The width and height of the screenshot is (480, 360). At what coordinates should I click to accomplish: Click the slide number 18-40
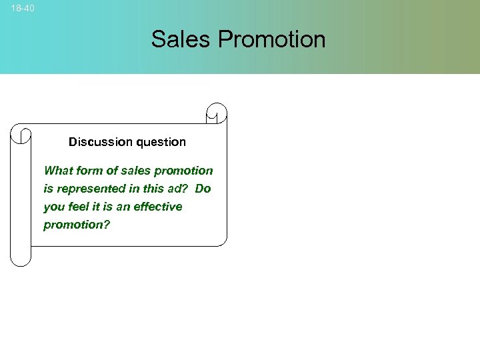tap(23, 8)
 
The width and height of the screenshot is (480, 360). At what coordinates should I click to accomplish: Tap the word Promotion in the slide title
tap(271, 39)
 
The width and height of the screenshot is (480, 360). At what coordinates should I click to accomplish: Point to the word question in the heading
tap(161, 142)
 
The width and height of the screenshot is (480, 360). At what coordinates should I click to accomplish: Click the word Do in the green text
tap(203, 189)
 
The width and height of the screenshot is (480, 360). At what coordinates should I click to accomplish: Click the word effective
tap(157, 207)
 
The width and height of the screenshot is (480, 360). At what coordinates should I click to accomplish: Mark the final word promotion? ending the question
tap(77, 225)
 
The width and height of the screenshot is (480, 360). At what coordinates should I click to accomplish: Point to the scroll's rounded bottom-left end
tap(21, 257)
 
